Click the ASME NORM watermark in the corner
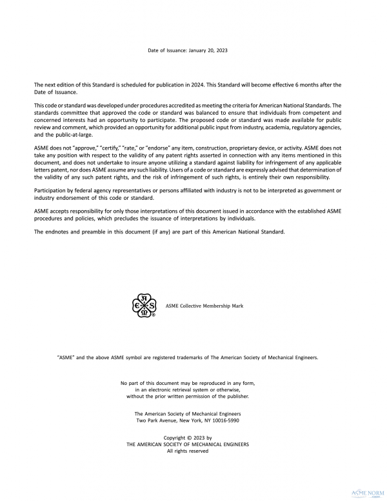click(366, 492)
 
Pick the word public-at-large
click(72, 135)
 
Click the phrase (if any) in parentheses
click(167, 231)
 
